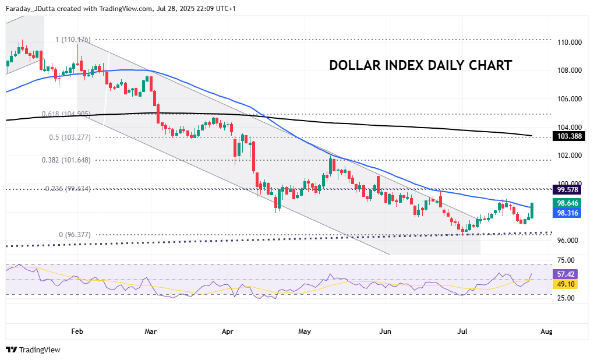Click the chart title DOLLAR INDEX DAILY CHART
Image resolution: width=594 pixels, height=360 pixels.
coord(420,65)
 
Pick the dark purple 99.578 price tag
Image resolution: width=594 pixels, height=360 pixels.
coord(569,190)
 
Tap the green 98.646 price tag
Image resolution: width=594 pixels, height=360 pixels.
coord(569,203)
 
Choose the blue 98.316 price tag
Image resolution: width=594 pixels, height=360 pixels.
coord(569,213)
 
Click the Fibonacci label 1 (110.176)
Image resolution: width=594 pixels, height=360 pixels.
coord(73,40)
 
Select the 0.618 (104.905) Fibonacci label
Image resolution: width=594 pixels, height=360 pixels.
coord(66,114)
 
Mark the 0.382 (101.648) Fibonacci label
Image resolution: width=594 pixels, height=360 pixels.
coord(66,160)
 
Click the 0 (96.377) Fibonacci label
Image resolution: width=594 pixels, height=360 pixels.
coord(75,235)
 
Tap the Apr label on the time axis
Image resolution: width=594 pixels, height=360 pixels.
coord(228,331)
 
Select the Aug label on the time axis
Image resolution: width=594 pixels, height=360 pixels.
coord(546,331)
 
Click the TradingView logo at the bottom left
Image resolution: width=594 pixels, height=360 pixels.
coord(33,350)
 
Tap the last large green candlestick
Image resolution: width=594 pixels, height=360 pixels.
coord(532,210)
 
